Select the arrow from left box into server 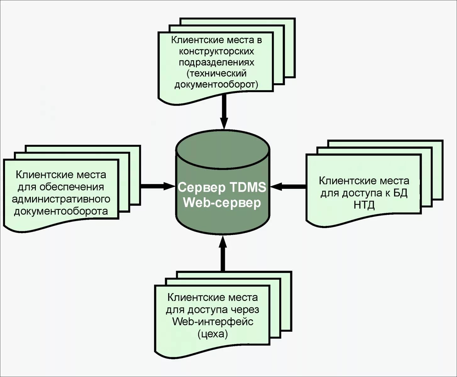click(157, 186)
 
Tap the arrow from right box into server click(288, 187)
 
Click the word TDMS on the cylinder click(248, 187)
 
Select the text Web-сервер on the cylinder click(222, 203)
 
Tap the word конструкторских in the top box click(216, 51)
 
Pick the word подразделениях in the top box click(216, 62)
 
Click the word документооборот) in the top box click(216, 85)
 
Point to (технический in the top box click(216, 74)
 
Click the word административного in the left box click(61, 199)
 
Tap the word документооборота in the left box click(61, 211)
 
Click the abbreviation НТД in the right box click(364, 205)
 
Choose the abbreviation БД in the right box click(400, 193)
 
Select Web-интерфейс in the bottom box click(213, 322)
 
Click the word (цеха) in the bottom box click(213, 334)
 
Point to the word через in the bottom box click(244, 310)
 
